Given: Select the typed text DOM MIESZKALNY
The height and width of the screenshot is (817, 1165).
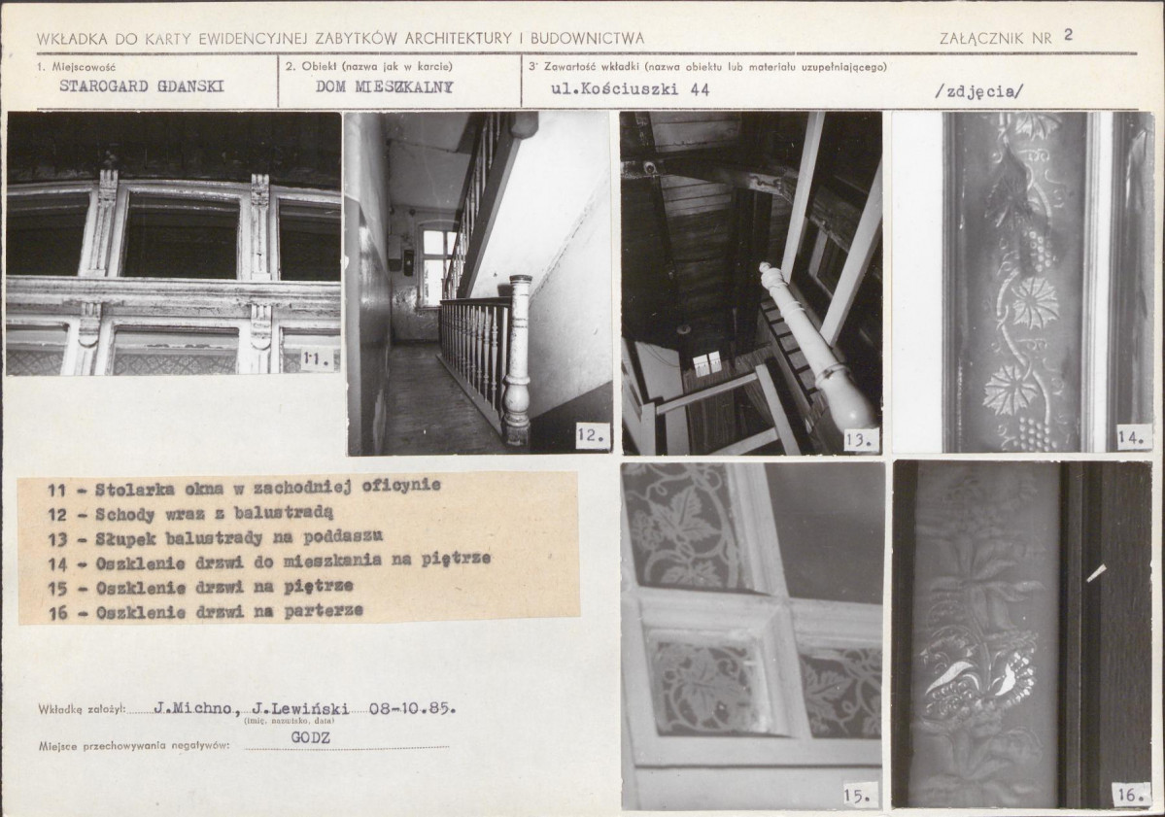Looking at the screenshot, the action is [384, 86].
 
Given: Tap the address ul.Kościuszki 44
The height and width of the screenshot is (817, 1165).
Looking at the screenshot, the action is [630, 90].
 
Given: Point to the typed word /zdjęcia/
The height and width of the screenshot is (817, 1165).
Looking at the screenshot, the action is [979, 90].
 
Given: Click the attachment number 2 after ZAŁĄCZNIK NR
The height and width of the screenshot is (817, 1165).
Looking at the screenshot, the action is [1069, 34].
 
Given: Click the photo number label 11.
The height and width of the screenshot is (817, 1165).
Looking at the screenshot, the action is [317, 361].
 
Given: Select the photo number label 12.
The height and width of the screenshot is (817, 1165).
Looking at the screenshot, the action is [592, 436].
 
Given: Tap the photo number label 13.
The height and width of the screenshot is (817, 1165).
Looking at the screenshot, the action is [859, 440].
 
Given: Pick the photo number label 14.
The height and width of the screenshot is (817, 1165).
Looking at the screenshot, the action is [1130, 439].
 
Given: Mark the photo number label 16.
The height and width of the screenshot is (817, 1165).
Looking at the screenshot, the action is [1130, 794].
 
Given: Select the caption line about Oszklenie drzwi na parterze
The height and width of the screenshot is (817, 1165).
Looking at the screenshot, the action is [206, 611].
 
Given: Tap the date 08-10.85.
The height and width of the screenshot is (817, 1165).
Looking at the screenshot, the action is [412, 708].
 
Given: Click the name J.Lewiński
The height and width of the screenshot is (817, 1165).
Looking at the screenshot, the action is [300, 708].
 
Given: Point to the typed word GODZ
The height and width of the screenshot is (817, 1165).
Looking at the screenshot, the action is [310, 737].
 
